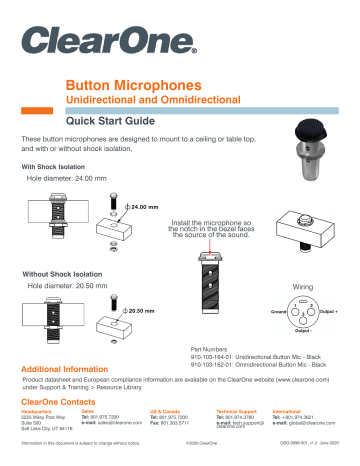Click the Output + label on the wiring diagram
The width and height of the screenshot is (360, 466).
[330, 312]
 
